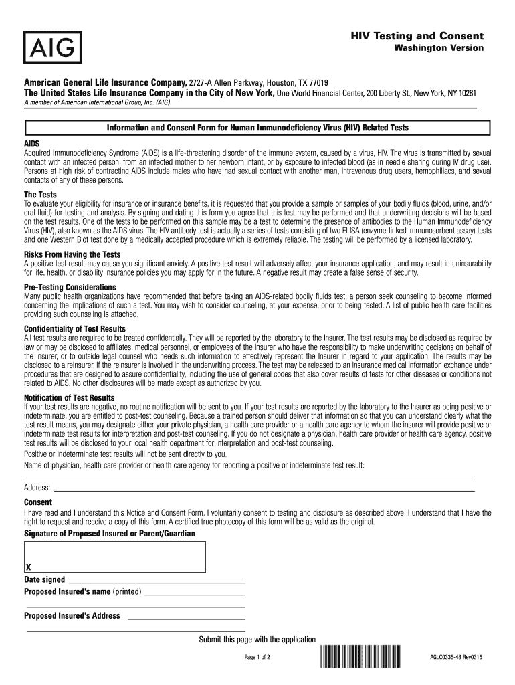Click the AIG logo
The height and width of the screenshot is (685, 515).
coord(54,47)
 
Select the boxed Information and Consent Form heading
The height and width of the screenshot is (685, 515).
coord(257,127)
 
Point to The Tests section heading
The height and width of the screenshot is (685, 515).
coord(40,195)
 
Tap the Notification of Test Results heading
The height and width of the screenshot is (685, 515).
coord(69,397)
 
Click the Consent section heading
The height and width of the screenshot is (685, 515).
coord(38,502)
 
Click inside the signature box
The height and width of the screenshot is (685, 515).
coord(115,555)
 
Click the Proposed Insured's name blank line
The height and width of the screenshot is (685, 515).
coord(195,592)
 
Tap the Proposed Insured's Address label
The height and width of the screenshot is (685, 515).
coord(72,616)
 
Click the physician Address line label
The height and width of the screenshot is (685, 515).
coord(37,488)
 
